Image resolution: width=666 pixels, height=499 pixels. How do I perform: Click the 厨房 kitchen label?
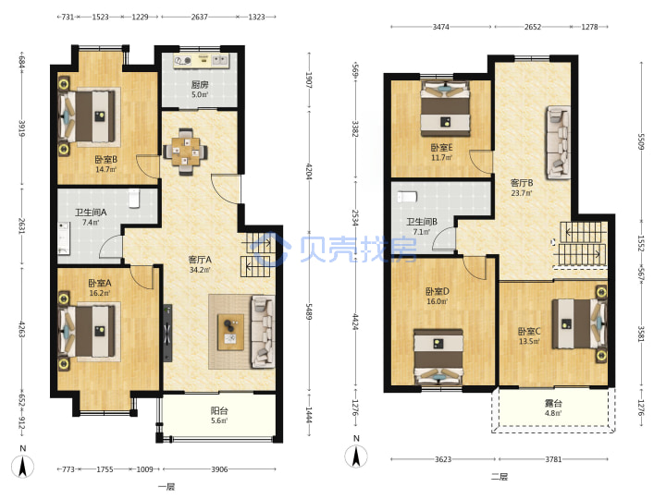pyautogui.click(x=199, y=85)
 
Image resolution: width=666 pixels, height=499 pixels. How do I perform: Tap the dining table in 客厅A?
pyautogui.click(x=186, y=152)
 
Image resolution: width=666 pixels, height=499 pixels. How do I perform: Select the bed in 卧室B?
pyautogui.click(x=88, y=116)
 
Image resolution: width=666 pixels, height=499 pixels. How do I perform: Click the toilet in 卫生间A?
pyautogui.click(x=134, y=198)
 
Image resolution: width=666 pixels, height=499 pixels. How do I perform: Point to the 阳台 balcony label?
pyautogui.click(x=219, y=410)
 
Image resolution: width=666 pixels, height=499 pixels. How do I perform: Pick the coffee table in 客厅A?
pyautogui.click(x=230, y=332)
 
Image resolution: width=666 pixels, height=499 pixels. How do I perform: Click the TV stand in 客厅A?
pyautogui.click(x=167, y=333)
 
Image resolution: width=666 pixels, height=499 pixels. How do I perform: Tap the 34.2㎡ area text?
pyautogui.click(x=200, y=270)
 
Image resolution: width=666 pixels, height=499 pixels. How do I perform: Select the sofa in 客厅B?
pyautogui.click(x=558, y=142)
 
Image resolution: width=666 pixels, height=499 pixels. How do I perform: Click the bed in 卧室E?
pyautogui.click(x=445, y=109)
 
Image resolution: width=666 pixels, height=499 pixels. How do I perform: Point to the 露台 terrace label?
pyautogui.click(x=553, y=403)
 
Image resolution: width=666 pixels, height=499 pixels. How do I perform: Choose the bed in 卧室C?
pyautogui.click(x=579, y=324)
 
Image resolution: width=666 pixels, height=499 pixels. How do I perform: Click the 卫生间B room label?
pyautogui.click(x=422, y=222)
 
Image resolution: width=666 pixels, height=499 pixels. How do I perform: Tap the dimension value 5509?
pyautogui.click(x=641, y=141)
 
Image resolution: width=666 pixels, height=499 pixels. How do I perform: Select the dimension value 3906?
pyautogui.click(x=219, y=469)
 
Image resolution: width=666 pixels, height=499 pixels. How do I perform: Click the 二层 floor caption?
pyautogui.click(x=499, y=477)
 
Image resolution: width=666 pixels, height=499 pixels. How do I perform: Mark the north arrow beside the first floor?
pyautogui.click(x=23, y=467)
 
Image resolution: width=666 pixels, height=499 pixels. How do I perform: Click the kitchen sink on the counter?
pyautogui.click(x=219, y=60)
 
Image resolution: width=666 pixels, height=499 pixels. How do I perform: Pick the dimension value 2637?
pyautogui.click(x=199, y=17)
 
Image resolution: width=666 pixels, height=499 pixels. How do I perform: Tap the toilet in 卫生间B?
pyautogui.click(x=407, y=197)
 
